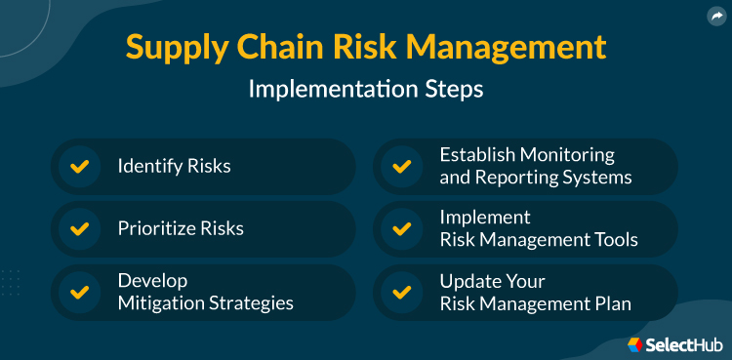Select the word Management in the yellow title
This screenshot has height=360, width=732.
pos(511,46)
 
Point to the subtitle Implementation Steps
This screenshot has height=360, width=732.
pos(365,89)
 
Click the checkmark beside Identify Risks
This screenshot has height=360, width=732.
pos(79,167)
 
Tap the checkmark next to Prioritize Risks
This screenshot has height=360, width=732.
pos(79,229)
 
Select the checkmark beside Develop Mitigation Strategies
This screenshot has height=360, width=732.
pos(79,292)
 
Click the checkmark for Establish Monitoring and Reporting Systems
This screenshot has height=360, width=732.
pos(401,167)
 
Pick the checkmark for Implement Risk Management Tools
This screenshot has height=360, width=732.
pos(401,229)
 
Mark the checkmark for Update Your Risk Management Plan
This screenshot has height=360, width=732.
pos(401,292)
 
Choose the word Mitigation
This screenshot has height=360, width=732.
pos(160,303)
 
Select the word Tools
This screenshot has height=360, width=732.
pos(615,240)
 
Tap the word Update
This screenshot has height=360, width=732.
pos(467,281)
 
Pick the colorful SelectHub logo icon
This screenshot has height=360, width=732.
pos(634,343)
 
